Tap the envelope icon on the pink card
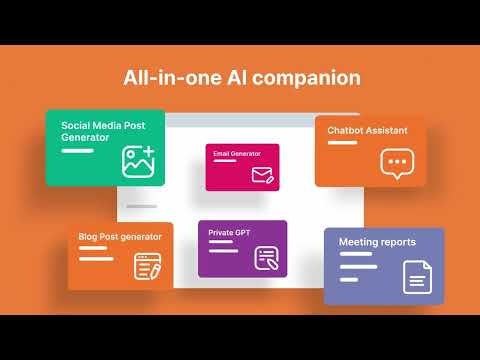pyautogui.click(x=262, y=175)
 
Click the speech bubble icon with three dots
pyautogui.click(x=396, y=163)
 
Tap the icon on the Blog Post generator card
pyautogui.click(x=147, y=266)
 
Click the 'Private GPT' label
pyautogui.click(x=229, y=232)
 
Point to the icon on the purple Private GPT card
pyautogui.click(x=266, y=257)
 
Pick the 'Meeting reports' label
pyautogui.click(x=377, y=242)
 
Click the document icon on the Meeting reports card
pyautogui.click(x=416, y=275)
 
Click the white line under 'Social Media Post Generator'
pyautogui.click(x=76, y=150)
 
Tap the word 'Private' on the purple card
pyautogui.click(x=221, y=232)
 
